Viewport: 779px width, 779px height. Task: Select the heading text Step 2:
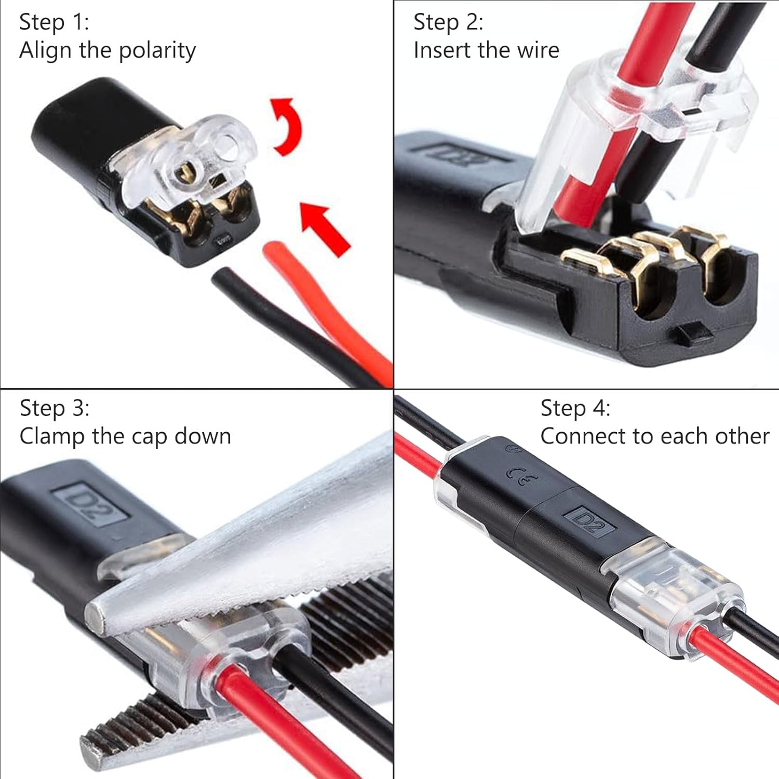448,22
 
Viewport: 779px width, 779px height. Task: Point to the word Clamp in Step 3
52,437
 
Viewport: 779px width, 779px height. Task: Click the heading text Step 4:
575,408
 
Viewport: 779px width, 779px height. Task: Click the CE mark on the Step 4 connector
521,476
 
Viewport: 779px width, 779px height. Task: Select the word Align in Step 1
45,51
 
